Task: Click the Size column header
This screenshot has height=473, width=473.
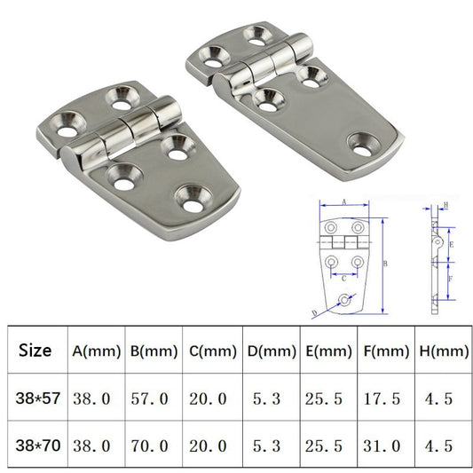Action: coord(35,351)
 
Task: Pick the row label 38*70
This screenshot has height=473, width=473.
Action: coord(35,445)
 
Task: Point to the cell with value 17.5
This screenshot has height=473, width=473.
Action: coord(385,399)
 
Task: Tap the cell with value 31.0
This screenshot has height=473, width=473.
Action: coord(385,446)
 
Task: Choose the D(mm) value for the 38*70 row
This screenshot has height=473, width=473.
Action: coord(270,446)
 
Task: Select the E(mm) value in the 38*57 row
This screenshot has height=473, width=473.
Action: coord(327,399)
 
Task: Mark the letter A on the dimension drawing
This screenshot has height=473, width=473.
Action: coord(343,202)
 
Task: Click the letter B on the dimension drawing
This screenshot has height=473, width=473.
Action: coord(385,264)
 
